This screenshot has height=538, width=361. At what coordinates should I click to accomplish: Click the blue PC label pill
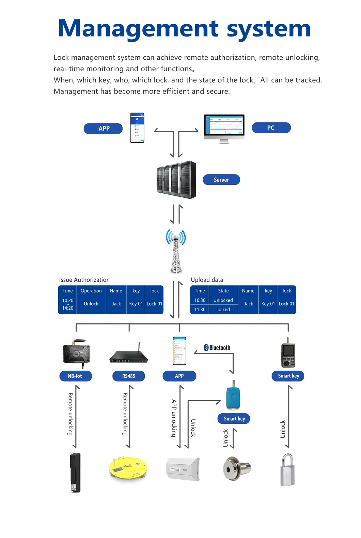click(x=271, y=128)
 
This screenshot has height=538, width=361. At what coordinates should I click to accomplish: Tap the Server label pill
click(x=221, y=180)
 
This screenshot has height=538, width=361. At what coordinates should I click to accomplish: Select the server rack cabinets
click(x=176, y=180)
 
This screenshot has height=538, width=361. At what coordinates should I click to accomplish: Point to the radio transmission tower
click(x=176, y=252)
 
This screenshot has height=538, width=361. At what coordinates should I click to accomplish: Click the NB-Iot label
click(x=75, y=376)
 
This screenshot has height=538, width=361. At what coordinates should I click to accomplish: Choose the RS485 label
click(x=129, y=376)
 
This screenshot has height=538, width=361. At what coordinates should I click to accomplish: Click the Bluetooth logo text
click(x=217, y=348)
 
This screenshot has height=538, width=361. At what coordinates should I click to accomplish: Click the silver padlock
click(x=287, y=470)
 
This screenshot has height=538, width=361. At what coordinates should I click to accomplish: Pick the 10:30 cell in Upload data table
click(x=200, y=300)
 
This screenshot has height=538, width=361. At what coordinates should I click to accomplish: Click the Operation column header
click(x=91, y=291)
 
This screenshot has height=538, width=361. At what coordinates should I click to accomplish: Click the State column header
click(x=223, y=291)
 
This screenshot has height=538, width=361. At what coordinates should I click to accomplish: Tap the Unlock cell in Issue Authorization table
click(x=91, y=304)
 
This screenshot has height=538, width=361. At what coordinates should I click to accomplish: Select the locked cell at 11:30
click(x=223, y=310)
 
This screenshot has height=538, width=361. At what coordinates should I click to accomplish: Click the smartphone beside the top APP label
click(x=137, y=128)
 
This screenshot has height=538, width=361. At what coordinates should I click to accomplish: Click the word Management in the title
click(x=138, y=28)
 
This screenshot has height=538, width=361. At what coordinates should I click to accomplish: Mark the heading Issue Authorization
click(x=84, y=280)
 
